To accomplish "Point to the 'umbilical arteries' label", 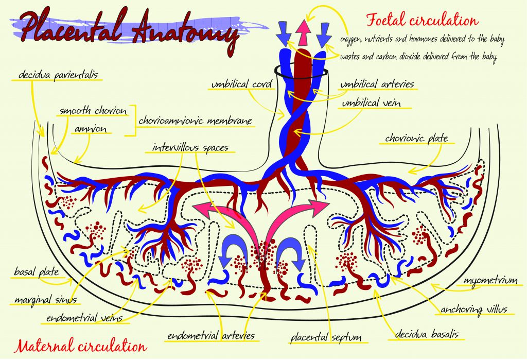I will [x=377, y=84].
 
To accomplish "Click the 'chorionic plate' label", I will [x=416, y=138].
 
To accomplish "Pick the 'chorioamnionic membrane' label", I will [x=196, y=121].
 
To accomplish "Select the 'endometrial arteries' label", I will [x=210, y=336].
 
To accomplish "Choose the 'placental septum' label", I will [x=326, y=338].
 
